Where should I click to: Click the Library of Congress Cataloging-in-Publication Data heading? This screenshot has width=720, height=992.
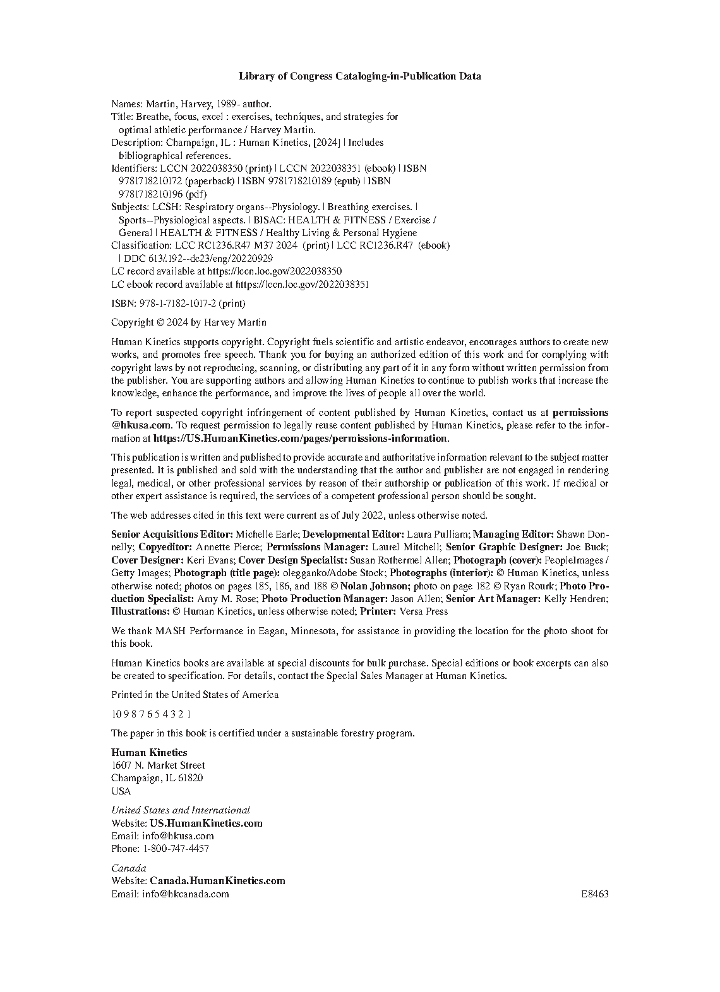pos(359,76)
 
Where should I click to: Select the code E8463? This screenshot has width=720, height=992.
pos(595,894)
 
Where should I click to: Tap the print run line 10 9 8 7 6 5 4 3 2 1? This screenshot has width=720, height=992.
pos(151,714)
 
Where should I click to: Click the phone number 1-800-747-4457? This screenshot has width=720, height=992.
pos(176,849)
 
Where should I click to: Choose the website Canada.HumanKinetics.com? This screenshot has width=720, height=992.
pos(217,881)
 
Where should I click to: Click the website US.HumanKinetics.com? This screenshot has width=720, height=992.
pos(206,824)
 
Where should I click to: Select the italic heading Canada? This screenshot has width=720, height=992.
pos(128,868)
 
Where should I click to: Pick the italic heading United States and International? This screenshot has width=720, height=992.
pos(181,810)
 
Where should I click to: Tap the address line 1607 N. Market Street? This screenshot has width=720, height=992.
pos(158,765)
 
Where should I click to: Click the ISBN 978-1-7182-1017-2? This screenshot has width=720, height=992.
pos(177,304)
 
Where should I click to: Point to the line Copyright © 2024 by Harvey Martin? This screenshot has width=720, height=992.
pos(189,322)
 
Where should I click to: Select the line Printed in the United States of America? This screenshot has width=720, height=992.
pos(195,695)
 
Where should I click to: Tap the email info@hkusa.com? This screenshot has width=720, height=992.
pos(178,836)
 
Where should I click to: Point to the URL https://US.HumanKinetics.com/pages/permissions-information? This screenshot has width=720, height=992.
pos(301,439)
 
